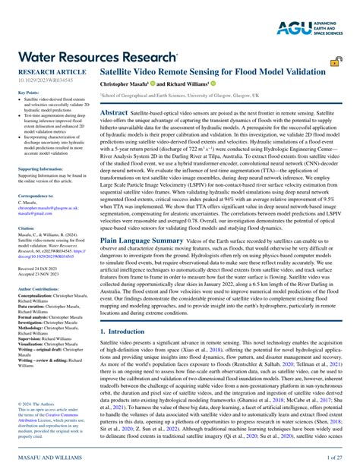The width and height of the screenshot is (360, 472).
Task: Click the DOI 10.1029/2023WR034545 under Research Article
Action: coord(43,79)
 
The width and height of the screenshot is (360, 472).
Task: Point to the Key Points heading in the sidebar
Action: coord(27,93)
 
